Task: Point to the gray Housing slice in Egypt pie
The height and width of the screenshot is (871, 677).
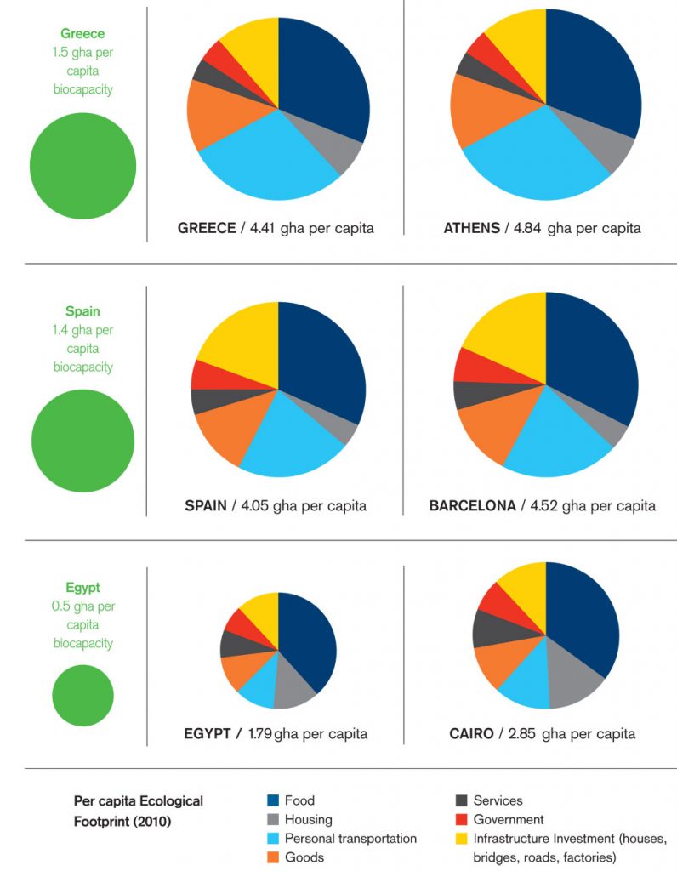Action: pos(294,690)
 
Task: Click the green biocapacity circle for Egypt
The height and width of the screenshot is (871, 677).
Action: pos(82,695)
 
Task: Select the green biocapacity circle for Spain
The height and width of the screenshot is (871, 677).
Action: pos(82,441)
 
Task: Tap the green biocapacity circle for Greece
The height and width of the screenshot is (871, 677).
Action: pos(82,165)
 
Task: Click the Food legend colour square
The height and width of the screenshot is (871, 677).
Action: pos(273,800)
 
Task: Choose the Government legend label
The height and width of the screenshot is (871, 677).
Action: pos(508,820)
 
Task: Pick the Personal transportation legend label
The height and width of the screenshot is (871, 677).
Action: pos(350,839)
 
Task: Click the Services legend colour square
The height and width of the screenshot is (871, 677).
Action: pos(462,800)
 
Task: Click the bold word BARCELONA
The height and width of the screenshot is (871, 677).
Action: pos(472,505)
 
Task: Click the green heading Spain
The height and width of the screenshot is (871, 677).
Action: pos(82,311)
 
